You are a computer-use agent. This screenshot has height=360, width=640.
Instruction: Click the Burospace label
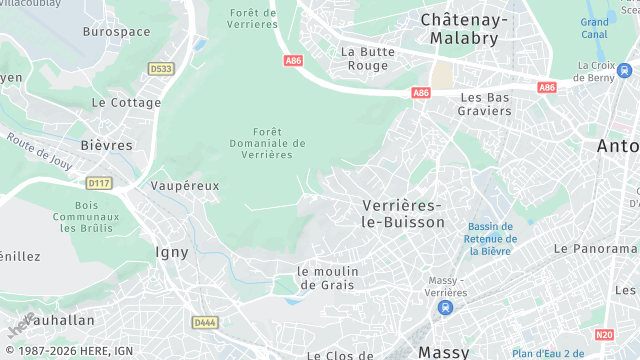point(116,32)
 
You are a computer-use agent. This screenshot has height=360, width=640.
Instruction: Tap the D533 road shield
point(160,68)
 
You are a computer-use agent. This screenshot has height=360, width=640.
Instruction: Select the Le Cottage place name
point(126,102)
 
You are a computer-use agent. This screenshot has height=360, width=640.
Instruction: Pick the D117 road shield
point(98,183)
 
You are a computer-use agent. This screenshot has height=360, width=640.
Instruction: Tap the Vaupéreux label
point(184,186)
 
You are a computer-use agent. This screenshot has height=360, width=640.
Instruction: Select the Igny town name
point(172,252)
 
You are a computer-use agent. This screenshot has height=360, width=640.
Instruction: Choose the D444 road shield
point(204,322)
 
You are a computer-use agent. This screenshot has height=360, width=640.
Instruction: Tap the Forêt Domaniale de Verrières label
point(266,143)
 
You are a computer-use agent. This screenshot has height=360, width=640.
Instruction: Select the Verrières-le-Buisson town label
point(403,213)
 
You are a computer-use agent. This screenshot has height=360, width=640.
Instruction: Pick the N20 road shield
point(603,335)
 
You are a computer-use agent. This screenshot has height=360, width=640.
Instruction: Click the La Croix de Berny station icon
point(624,71)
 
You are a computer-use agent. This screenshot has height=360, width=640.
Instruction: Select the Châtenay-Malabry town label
point(464,28)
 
